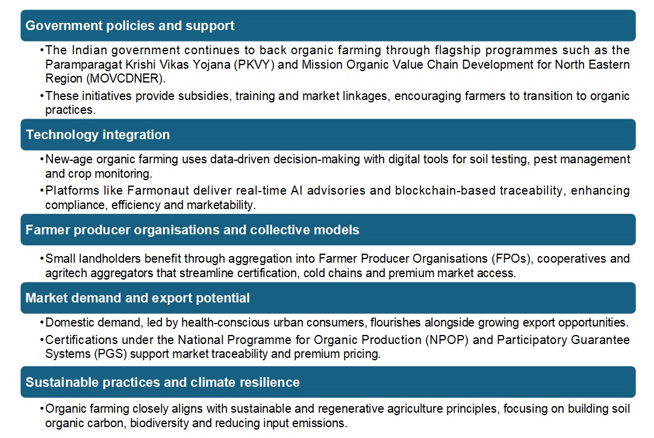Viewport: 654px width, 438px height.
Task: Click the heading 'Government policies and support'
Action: click(130, 26)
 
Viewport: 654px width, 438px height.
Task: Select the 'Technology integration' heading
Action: click(98, 134)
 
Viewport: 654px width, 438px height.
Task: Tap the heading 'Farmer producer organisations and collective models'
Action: click(192, 230)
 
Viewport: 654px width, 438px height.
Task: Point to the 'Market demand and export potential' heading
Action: click(137, 298)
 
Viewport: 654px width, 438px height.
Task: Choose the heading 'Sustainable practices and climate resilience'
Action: click(163, 382)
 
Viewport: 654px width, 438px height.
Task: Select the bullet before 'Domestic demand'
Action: click(42, 322)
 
